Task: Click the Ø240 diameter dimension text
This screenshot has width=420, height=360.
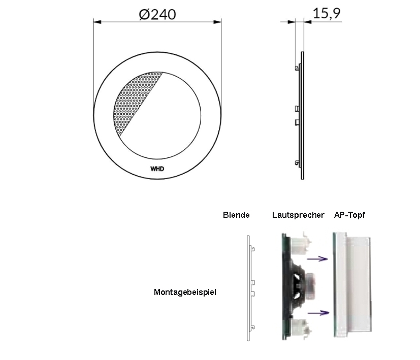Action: pyautogui.click(x=157, y=14)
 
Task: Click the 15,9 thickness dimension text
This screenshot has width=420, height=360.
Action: pyautogui.click(x=327, y=13)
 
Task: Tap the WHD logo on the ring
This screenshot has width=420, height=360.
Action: pyautogui.click(x=157, y=169)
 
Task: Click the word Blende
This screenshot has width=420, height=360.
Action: pyautogui.click(x=236, y=215)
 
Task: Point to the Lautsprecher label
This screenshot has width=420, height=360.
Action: pyautogui.click(x=298, y=215)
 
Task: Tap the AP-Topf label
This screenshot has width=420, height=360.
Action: pyautogui.click(x=349, y=215)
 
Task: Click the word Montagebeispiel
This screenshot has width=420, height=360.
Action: pyautogui.click(x=185, y=292)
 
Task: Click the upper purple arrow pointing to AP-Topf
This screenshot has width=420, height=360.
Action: pyautogui.click(x=317, y=259)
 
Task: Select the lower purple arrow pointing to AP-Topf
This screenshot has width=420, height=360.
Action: pyautogui.click(x=318, y=313)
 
